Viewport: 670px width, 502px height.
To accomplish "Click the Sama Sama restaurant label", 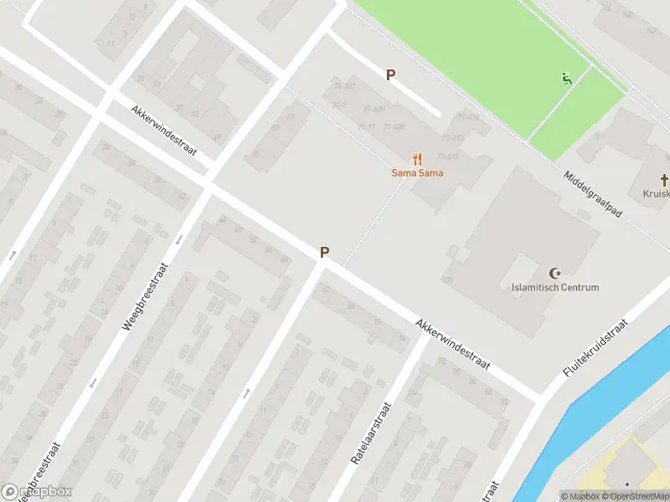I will (x=417, y=173).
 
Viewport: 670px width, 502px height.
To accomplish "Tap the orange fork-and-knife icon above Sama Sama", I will (x=417, y=159).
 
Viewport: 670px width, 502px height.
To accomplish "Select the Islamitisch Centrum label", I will (x=555, y=288).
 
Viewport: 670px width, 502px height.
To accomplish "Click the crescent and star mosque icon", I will (x=554, y=273).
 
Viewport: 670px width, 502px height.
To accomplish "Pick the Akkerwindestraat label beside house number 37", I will (x=163, y=131).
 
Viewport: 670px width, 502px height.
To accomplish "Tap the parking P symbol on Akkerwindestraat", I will (x=324, y=252).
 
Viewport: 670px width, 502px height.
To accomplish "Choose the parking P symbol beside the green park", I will (x=390, y=75).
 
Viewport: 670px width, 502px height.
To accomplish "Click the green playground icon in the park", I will (x=567, y=79).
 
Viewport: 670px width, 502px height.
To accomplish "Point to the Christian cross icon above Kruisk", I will (x=664, y=179).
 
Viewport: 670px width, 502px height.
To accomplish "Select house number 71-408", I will (x=393, y=127).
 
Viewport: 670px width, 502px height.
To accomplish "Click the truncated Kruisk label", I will (x=657, y=193).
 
